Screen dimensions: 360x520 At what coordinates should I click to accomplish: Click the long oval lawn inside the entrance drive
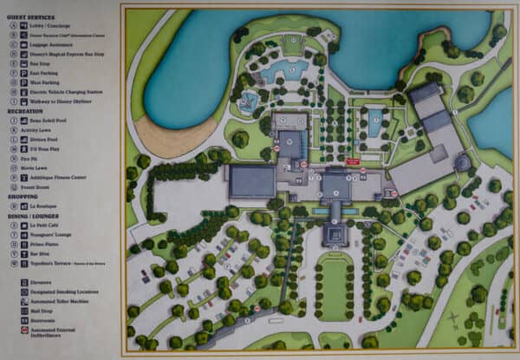coord(334,287)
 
